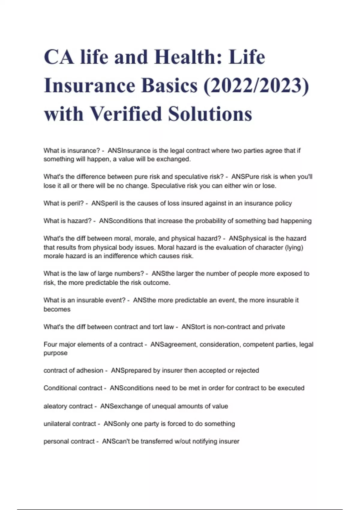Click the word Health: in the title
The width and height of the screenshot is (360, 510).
188,57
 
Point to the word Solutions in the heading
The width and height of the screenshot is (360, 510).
210,114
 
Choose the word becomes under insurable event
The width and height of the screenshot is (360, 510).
57,309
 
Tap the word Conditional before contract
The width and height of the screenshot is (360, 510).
58,388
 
